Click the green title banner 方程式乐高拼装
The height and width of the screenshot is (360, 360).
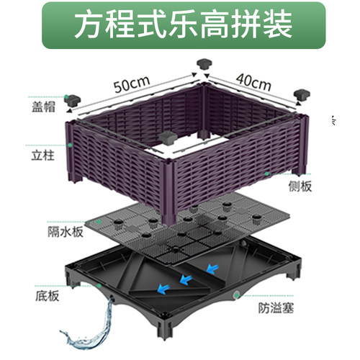click(x=184, y=25)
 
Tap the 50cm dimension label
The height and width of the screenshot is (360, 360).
click(x=132, y=84)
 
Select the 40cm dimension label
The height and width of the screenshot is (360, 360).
click(x=253, y=81)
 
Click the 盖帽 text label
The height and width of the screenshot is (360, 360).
click(x=43, y=107)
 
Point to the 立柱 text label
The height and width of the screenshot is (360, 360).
click(x=42, y=156)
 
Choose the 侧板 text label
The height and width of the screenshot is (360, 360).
click(x=300, y=186)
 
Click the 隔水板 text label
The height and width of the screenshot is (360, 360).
click(x=66, y=232)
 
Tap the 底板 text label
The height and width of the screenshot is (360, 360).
click(x=47, y=296)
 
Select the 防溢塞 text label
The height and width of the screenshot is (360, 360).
click(x=276, y=308)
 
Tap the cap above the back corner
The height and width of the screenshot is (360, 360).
click(x=204, y=63)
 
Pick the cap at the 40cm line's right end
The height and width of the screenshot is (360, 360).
click(x=302, y=95)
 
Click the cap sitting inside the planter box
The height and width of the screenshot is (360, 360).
click(x=168, y=138)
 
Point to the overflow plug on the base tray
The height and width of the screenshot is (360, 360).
click(x=236, y=294)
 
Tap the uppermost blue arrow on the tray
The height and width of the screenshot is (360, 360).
click(x=212, y=269)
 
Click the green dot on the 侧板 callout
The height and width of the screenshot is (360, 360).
click(x=267, y=174)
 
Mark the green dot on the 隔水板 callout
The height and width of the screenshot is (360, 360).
click(x=99, y=222)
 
